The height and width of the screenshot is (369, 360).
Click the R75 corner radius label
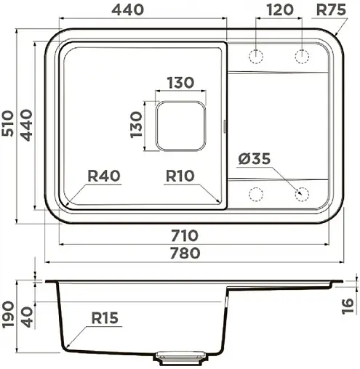[331, 10]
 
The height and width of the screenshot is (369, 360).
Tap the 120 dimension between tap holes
[280, 10]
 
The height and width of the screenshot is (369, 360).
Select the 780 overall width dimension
[185, 253]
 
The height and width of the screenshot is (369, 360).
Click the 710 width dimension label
[185, 236]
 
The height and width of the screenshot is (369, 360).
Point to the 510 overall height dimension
[8, 123]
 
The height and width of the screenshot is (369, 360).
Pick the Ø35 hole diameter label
[255, 159]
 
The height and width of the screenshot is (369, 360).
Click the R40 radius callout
[104, 176]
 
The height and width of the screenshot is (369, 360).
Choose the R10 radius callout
[180, 176]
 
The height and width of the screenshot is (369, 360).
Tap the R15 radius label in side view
[105, 318]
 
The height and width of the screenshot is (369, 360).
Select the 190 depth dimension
[8, 315]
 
